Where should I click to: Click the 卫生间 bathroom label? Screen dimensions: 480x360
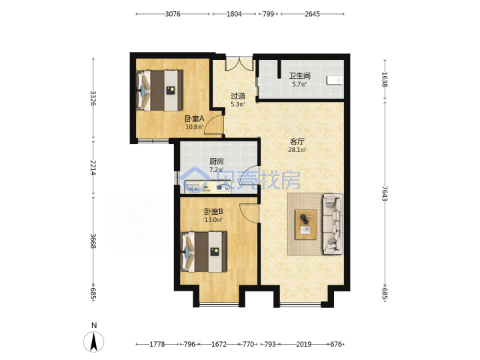300,75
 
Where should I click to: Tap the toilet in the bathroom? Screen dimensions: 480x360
335,80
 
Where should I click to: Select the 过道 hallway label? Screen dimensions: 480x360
238,96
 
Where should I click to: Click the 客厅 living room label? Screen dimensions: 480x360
297,142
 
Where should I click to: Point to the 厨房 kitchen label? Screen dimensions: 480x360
217,161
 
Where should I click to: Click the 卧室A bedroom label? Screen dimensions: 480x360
195,119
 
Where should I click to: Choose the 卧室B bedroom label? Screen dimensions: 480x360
213,211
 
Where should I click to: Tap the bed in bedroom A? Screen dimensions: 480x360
159,91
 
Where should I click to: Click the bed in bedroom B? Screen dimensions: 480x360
204,252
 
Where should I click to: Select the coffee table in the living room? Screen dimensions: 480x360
305,225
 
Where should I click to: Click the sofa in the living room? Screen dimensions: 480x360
333,224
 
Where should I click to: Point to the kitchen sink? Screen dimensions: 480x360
193,187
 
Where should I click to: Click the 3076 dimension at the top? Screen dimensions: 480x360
173,14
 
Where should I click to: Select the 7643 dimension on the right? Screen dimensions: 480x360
385,193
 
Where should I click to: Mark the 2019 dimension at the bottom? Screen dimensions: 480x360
304,344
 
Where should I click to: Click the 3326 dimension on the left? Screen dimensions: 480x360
93,98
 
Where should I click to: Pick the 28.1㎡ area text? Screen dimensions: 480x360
297,150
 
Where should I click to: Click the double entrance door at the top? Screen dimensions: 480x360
239,63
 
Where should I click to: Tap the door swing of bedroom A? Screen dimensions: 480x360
213,125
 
